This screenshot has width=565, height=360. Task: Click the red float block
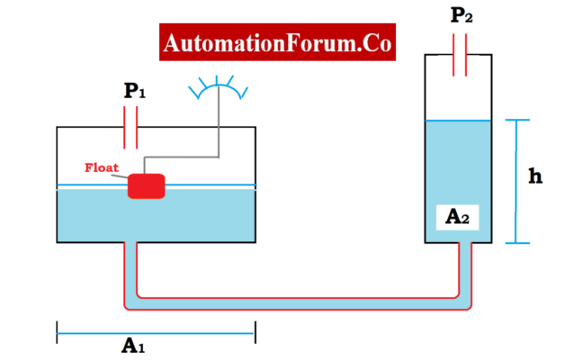[x=147, y=185]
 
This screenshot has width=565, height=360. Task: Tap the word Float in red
[x=102, y=167]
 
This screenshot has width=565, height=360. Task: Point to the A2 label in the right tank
[x=458, y=216]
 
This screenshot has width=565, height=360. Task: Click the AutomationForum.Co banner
[x=277, y=43]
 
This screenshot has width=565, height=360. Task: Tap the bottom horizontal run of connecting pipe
[x=297, y=297]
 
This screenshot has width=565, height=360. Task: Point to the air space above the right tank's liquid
[x=458, y=90]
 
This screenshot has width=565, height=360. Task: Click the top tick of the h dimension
[x=516, y=120]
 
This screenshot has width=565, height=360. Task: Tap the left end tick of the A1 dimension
[x=57, y=333]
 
